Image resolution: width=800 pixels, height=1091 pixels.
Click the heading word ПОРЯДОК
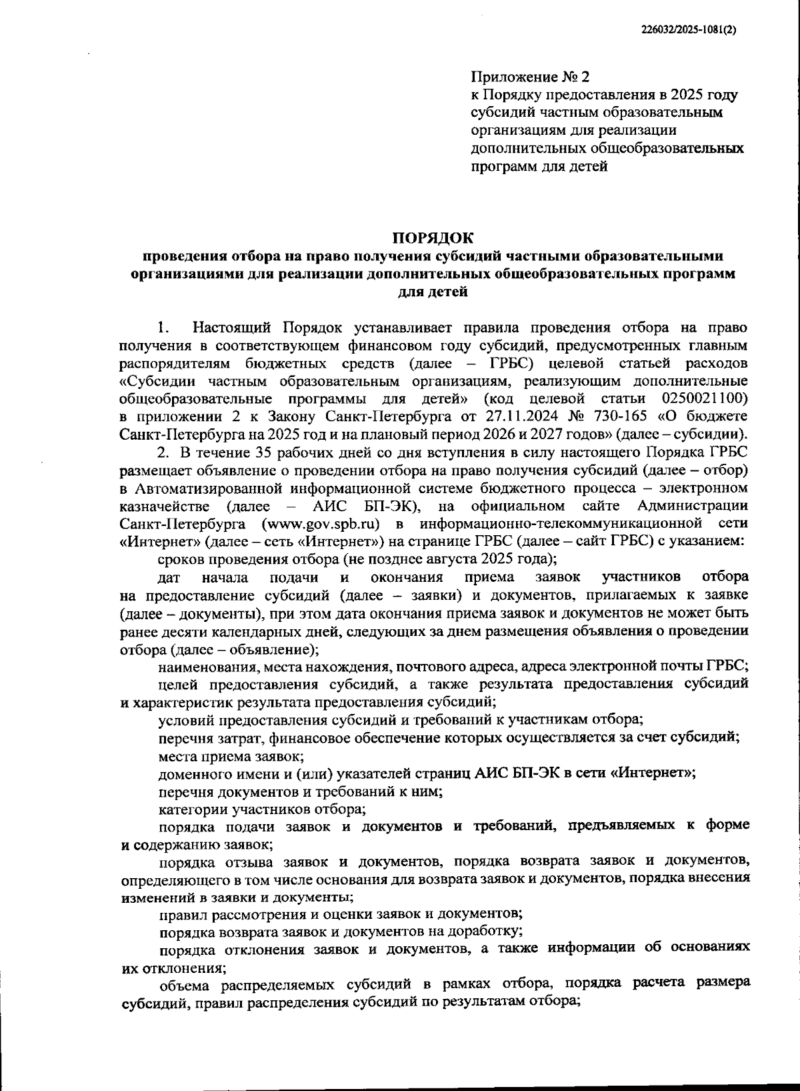pyautogui.click(x=433, y=238)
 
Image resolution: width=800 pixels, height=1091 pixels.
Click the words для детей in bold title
pyautogui.click(x=433, y=292)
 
